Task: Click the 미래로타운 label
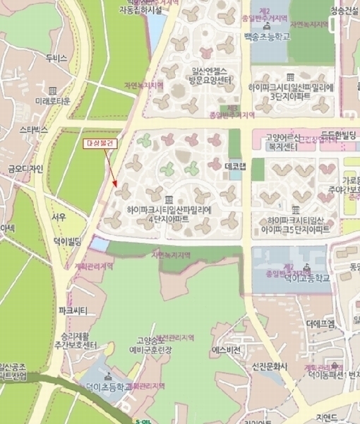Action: [x=53, y=101]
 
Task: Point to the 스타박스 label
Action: [x=33, y=130]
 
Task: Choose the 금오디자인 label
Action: [x=25, y=168]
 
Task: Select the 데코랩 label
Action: [x=234, y=166]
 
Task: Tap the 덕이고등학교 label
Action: [x=306, y=278]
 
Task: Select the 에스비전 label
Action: [x=226, y=350]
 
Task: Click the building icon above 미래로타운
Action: [x=53, y=90]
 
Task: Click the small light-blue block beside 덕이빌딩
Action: [x=100, y=245]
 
